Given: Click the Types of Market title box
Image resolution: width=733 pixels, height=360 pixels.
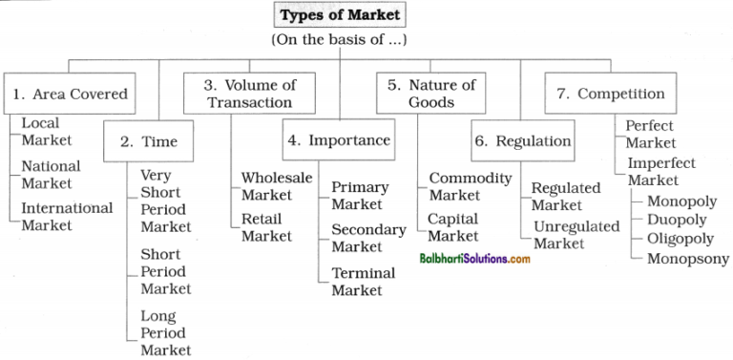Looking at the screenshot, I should pos(341,17).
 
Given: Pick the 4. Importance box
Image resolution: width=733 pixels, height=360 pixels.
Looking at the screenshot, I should pos(338,140).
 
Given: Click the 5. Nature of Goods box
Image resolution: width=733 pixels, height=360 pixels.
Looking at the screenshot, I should pos(431,94).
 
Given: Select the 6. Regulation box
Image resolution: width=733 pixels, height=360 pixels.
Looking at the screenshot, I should pos(523,141).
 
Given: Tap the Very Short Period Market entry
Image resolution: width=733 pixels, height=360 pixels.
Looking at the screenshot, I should pos(165,201).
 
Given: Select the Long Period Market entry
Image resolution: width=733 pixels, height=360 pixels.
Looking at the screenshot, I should pos(165,333).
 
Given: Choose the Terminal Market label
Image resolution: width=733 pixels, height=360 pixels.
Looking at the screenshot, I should pos(363,282).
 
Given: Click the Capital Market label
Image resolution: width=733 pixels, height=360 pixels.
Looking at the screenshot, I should pos(453,227).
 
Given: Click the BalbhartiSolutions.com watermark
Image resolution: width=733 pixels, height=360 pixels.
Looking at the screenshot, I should pos(474,259).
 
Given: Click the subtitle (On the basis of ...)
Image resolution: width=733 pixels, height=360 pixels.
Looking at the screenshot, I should pos(340,41).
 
